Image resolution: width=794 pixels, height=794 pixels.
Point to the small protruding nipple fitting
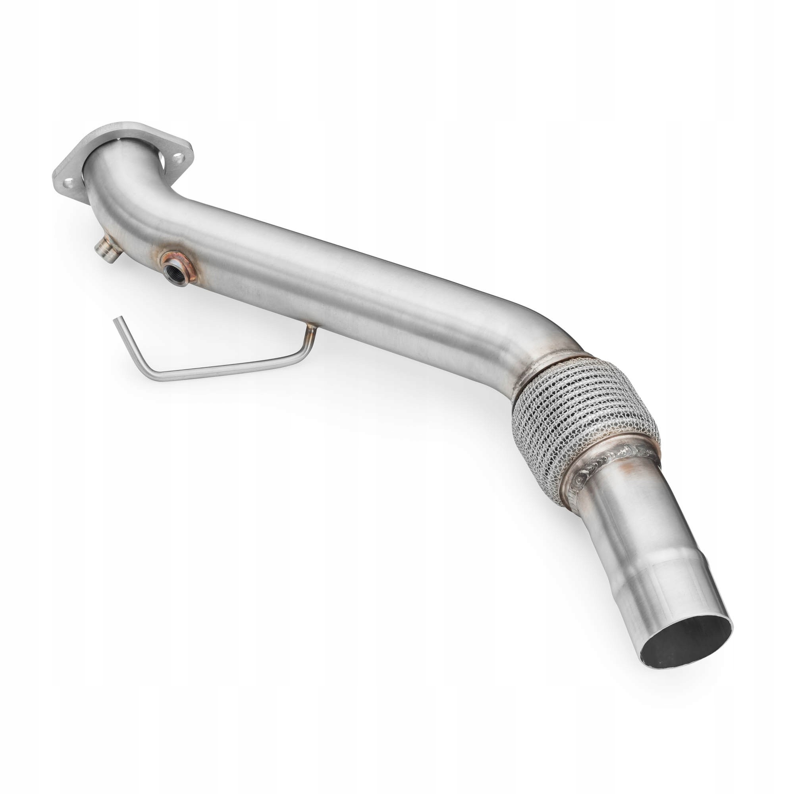[x=103, y=250]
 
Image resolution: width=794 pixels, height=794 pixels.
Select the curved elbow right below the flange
[x=123, y=193]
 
